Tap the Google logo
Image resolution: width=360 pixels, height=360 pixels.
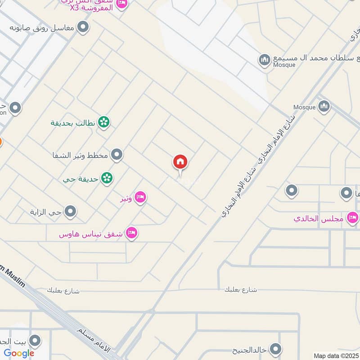coord(19,353)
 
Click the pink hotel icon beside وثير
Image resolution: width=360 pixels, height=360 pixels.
coord(140,197)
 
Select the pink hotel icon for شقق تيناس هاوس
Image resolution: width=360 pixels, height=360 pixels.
coord(132,233)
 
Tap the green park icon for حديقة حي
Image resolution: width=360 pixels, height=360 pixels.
coord(107,178)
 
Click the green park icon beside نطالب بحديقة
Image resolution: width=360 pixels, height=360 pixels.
coord(104,121)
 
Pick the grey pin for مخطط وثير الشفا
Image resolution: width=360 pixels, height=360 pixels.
coord(117,155)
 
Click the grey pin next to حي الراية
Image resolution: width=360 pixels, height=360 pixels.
coord(70,211)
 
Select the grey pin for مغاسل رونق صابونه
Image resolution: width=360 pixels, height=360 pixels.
coord(83,28)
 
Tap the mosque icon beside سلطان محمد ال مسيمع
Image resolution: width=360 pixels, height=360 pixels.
coord(264,59)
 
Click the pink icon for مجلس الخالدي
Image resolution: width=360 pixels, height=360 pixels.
coord(352,218)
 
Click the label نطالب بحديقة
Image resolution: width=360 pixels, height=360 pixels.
coord(74,122)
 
